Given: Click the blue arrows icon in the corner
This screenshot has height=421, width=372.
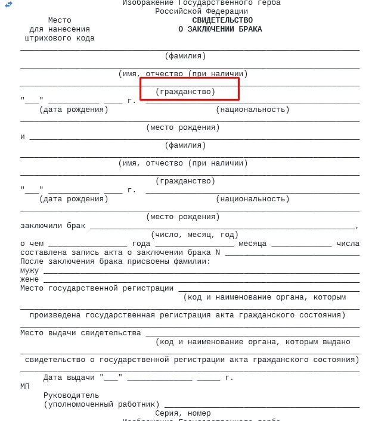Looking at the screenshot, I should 8,5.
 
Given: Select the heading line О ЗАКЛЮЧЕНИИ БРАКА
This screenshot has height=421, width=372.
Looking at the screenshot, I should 220,29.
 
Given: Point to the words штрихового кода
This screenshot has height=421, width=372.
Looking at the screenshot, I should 60,38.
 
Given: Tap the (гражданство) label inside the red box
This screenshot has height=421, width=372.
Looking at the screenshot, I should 185,92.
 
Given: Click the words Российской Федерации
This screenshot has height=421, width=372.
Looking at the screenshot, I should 201,11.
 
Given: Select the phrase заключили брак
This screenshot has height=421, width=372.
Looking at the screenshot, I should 53,226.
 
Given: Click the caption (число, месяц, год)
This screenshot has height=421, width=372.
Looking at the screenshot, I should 194,235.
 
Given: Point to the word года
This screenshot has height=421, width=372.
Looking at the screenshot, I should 141,244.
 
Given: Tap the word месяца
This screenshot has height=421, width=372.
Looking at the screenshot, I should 253,244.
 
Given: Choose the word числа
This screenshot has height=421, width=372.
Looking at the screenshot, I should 348,244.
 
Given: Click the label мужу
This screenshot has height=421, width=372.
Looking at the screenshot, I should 30,270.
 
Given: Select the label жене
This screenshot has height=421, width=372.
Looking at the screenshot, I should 30,279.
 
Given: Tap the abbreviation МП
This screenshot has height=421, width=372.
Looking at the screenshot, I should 25,386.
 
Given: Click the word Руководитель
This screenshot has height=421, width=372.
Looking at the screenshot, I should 72,395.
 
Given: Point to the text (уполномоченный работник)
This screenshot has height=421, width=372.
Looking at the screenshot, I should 101,404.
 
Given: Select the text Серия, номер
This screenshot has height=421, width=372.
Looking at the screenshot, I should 183,413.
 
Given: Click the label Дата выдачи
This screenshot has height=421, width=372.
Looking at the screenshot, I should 69,378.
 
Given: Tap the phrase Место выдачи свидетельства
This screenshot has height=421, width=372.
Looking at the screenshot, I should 80,333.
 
